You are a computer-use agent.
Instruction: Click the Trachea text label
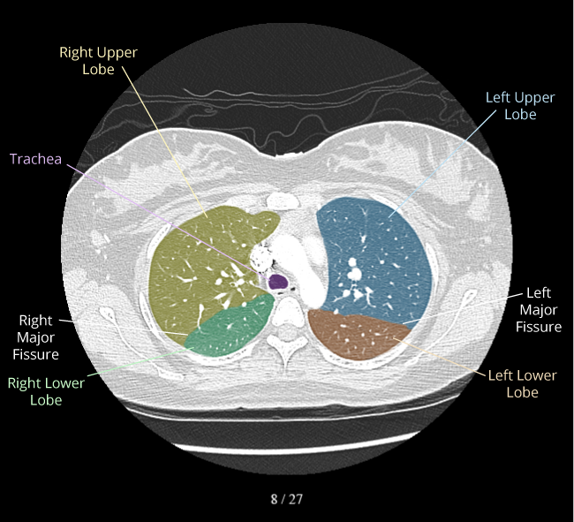pyautogui.click(x=35, y=159)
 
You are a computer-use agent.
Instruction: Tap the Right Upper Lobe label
pyautogui.click(x=99, y=61)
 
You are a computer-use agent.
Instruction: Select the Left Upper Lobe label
pyautogui.click(x=520, y=106)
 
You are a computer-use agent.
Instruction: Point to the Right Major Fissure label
pyautogui.click(x=36, y=337)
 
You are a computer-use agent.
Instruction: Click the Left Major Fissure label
pyautogui.click(x=539, y=310)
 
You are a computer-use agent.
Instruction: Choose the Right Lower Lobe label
pyautogui.click(x=46, y=391)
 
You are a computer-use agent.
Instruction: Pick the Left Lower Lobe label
pyautogui.click(x=523, y=383)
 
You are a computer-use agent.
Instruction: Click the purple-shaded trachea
pyautogui.click(x=278, y=282)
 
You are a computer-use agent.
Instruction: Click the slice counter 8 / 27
pyautogui.click(x=287, y=499)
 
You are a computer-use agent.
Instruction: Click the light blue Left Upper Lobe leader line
pyautogui.click(x=442, y=163)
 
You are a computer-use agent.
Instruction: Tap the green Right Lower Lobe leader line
pyautogui.click(x=140, y=361)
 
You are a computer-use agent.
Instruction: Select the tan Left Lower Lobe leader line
pyautogui.click(x=440, y=356)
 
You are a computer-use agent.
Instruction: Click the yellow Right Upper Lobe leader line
pyautogui.click(x=165, y=142)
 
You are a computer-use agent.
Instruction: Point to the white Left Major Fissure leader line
pyautogui.click(x=463, y=309)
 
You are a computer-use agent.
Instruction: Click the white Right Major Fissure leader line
pyautogui.click(x=123, y=328)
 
